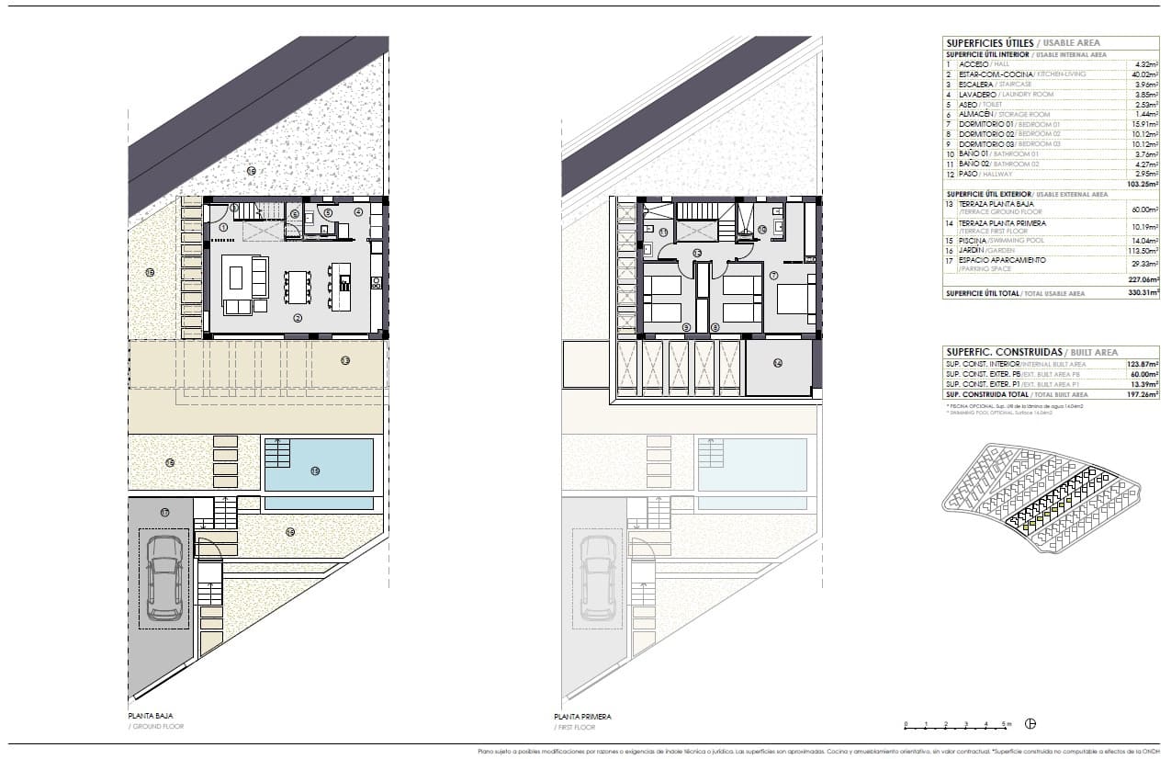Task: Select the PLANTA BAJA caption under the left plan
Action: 151,716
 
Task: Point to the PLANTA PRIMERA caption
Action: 582,717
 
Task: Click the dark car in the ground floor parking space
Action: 164,578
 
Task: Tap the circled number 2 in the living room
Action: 298,318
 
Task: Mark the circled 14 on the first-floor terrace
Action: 778,363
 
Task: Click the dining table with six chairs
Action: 297,287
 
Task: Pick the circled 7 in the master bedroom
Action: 774,275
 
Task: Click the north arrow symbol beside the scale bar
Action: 1030,724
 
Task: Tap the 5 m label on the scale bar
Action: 1007,725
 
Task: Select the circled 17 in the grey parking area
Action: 164,512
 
